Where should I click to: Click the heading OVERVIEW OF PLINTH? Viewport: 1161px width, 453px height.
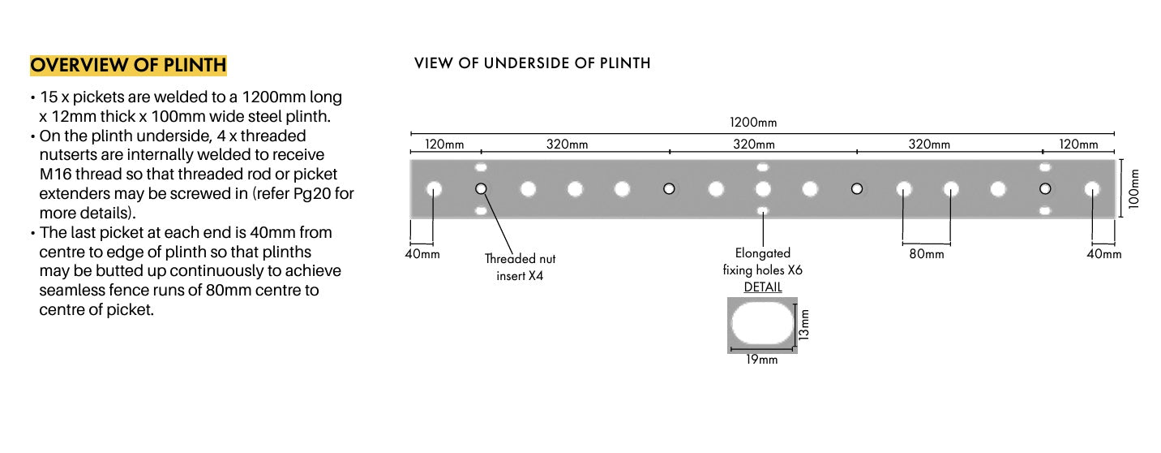pyautogui.click(x=128, y=65)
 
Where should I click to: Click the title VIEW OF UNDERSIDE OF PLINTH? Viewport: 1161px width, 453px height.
pyautogui.click(x=532, y=63)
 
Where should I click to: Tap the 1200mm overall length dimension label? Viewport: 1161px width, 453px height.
pyautogui.click(x=753, y=123)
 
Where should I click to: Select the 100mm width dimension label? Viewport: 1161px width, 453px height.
pyautogui.click(x=1133, y=188)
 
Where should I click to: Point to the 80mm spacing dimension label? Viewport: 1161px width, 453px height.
pyautogui.click(x=926, y=254)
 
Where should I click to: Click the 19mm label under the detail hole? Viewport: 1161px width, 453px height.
pyautogui.click(x=761, y=359)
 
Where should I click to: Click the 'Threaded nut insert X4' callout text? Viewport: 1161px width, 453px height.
pyautogui.click(x=520, y=265)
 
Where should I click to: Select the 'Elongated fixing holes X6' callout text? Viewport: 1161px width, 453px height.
pyautogui.click(x=762, y=261)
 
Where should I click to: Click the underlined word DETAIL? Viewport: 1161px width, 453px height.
pyautogui.click(x=762, y=287)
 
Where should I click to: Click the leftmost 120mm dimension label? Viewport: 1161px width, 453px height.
pyautogui.click(x=445, y=145)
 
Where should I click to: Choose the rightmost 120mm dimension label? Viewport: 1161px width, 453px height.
pyautogui.click(x=1079, y=145)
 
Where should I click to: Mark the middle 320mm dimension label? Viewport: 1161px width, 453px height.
pyautogui.click(x=754, y=145)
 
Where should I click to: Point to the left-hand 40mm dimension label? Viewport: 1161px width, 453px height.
pyautogui.click(x=422, y=254)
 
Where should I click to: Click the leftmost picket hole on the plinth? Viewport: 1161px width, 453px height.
pyautogui.click(x=434, y=189)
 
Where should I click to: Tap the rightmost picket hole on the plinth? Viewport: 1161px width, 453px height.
pyautogui.click(x=1092, y=189)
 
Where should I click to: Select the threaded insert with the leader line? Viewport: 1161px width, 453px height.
pyautogui.click(x=481, y=189)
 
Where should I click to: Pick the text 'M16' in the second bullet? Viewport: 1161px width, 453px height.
pyautogui.click(x=56, y=174)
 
